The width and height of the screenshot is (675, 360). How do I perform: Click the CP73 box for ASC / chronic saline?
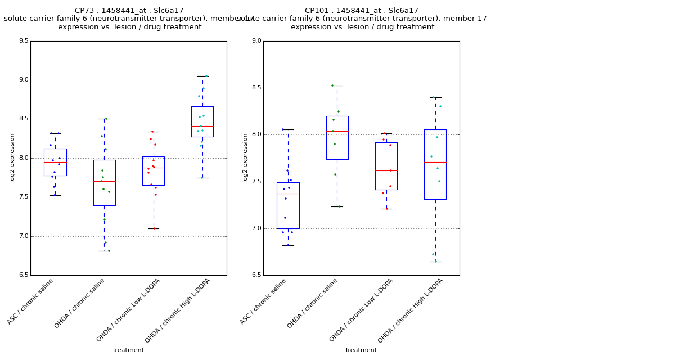pyautogui.click(x=55, y=162)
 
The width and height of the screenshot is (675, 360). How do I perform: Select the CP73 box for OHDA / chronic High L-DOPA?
pyautogui.click(x=202, y=121)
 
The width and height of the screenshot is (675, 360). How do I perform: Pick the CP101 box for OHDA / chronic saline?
pyautogui.click(x=337, y=138)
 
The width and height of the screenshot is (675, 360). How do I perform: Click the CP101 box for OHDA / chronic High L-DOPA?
pyautogui.click(x=435, y=164)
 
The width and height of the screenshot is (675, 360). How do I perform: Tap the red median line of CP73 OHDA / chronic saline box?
pyautogui.click(x=104, y=181)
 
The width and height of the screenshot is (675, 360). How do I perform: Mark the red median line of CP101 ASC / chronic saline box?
pyautogui.click(x=288, y=193)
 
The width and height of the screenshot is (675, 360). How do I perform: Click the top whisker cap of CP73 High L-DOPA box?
pyautogui.click(x=202, y=76)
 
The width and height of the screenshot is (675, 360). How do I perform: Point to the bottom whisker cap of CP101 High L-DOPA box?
pyautogui.click(x=435, y=262)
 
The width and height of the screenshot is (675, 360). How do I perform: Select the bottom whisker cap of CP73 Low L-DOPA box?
pyautogui.click(x=153, y=228)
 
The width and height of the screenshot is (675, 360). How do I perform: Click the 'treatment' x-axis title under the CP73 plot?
pyautogui.click(x=128, y=350)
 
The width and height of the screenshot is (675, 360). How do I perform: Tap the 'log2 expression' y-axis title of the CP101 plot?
pyautogui.click(x=245, y=158)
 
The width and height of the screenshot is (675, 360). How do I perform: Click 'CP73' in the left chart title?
pyautogui.click(x=85, y=11)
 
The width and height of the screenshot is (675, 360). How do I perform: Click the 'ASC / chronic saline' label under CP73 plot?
pyautogui.click(x=30, y=301)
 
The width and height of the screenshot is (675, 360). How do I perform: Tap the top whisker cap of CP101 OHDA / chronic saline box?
pyautogui.click(x=337, y=85)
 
